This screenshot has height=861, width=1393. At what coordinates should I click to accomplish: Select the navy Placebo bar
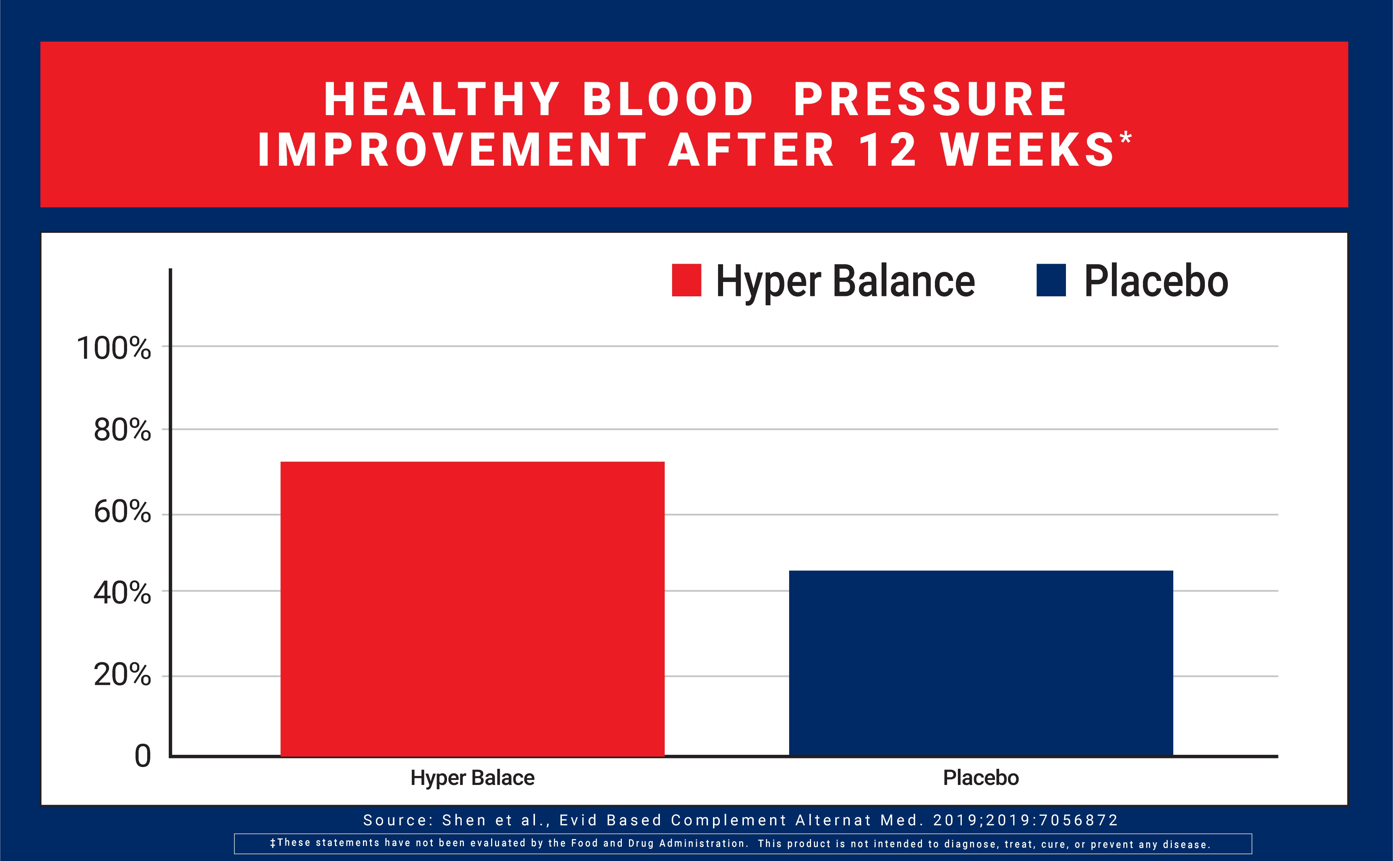pyautogui.click(x=980, y=663)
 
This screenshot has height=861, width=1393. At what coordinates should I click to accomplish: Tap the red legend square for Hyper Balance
pyautogui.click(x=686, y=280)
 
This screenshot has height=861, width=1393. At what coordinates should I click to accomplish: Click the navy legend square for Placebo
pyautogui.click(x=1050, y=280)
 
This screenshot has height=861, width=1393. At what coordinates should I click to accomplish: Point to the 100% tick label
pyautogui.click(x=114, y=348)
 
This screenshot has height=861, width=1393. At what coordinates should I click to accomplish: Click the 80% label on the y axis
pyautogui.click(x=122, y=430)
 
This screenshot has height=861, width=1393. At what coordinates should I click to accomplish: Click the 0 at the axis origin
pyautogui.click(x=143, y=756)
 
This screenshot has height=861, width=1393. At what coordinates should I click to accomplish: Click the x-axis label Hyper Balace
pyautogui.click(x=472, y=778)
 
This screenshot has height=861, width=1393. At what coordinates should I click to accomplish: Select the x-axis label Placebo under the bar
pyautogui.click(x=980, y=778)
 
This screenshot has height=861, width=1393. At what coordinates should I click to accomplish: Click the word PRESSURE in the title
pyautogui.click(x=930, y=100)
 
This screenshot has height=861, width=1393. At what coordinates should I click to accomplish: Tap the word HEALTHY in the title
pyautogui.click(x=442, y=100)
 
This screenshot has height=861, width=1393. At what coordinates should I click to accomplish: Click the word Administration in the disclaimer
pyautogui.click(x=702, y=843)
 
